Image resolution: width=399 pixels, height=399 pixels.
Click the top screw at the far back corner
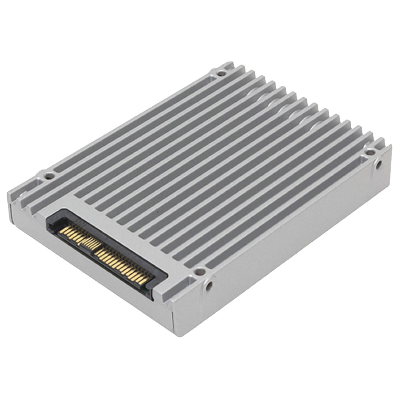click(x=221, y=73)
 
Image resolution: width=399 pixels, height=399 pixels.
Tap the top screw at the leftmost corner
click(x=48, y=176)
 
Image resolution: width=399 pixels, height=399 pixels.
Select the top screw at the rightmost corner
click(x=370, y=152)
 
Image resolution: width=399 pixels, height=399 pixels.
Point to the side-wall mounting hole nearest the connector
click(x=209, y=286)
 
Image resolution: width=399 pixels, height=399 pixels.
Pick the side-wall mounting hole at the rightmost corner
click(x=378, y=164)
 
